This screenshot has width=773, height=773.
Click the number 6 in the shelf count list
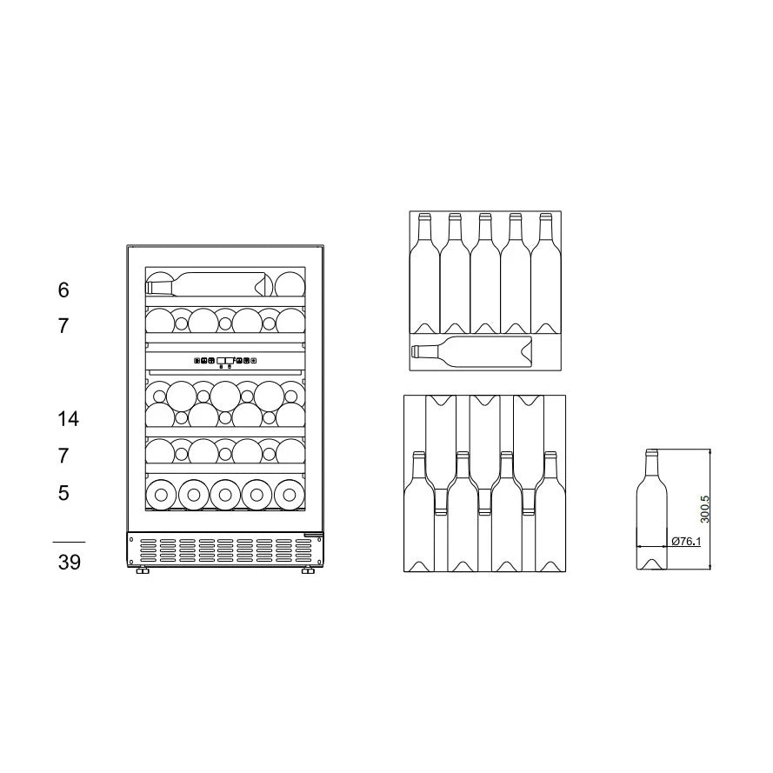pyautogui.click(x=63, y=290)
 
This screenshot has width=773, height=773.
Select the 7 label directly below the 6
pyautogui.click(x=63, y=327)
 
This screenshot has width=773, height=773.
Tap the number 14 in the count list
pyautogui.click(x=68, y=419)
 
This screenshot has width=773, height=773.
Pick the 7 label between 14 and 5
pyautogui.click(x=63, y=456)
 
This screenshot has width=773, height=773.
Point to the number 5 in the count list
pyautogui.click(x=63, y=493)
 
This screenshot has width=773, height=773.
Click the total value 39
pyautogui.click(x=70, y=563)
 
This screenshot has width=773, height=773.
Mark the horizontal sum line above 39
pyautogui.click(x=70, y=542)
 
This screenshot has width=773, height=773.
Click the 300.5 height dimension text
pyautogui.click(x=705, y=508)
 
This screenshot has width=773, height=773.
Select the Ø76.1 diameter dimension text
pyautogui.click(x=686, y=541)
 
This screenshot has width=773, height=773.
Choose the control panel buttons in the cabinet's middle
pyautogui.click(x=225, y=360)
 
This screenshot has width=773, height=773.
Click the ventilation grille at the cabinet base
pyautogui.click(x=225, y=549)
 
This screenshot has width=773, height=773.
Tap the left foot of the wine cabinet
pyautogui.click(x=141, y=570)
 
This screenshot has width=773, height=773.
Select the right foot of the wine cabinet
pyautogui.click(x=309, y=570)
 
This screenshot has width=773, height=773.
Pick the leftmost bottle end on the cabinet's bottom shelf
pyautogui.click(x=161, y=494)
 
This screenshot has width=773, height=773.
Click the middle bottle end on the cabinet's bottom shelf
pyautogui.click(x=225, y=494)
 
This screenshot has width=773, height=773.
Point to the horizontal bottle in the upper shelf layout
pyautogui.click(x=470, y=351)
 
